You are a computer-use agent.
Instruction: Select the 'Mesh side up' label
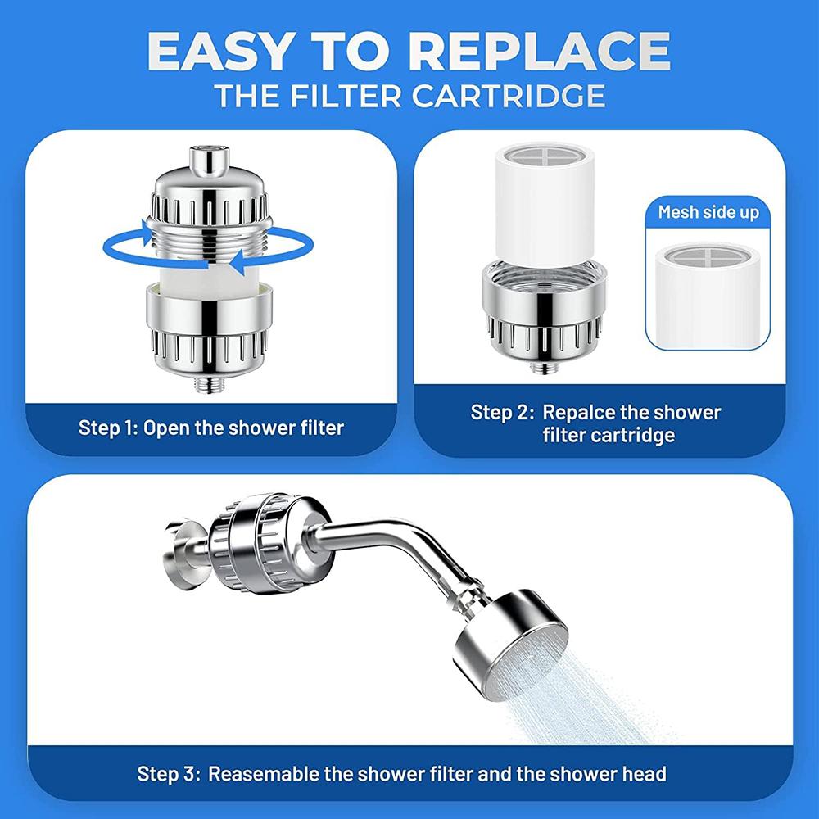[708, 213]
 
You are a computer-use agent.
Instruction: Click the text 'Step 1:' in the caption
[106, 428]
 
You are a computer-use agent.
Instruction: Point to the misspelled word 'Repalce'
[577, 412]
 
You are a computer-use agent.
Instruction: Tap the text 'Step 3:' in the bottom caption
[168, 773]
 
